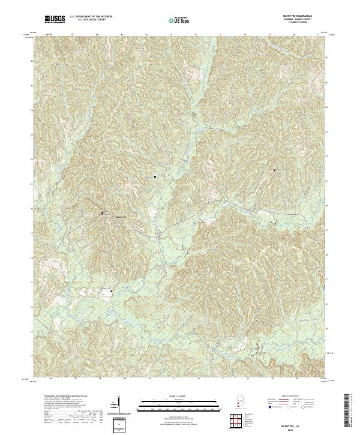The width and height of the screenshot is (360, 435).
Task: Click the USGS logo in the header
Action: [54, 19]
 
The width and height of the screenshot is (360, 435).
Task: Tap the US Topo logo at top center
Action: [179, 20]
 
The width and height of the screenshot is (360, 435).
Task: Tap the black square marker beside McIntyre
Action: [101, 212]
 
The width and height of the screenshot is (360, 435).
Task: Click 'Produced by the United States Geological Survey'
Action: [58, 397]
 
